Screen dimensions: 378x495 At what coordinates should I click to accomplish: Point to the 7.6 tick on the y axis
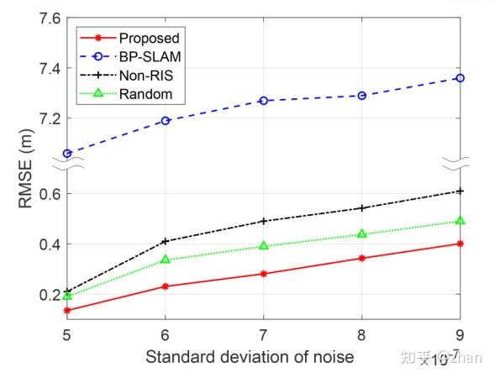(44, 18)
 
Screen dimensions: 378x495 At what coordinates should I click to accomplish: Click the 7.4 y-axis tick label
(44, 68)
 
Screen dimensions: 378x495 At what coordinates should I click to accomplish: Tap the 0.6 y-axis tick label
(44, 194)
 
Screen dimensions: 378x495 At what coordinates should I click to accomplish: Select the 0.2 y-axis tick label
(44, 295)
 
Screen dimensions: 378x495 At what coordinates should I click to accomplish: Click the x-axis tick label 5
(66, 333)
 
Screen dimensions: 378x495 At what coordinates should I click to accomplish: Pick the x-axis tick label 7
(263, 333)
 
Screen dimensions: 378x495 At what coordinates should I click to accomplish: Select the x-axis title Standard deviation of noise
(249, 356)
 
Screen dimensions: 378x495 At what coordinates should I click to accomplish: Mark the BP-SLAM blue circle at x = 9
(460, 78)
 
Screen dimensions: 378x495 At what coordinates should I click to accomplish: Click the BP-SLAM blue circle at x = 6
(165, 121)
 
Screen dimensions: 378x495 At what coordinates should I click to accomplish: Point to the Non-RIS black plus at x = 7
(263, 221)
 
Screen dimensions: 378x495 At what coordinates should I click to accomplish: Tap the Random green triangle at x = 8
(361, 234)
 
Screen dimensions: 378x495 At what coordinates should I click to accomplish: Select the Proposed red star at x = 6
(165, 286)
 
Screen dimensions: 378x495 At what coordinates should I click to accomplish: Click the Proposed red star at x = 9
(460, 244)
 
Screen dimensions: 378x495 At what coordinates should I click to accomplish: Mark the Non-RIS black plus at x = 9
(460, 191)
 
